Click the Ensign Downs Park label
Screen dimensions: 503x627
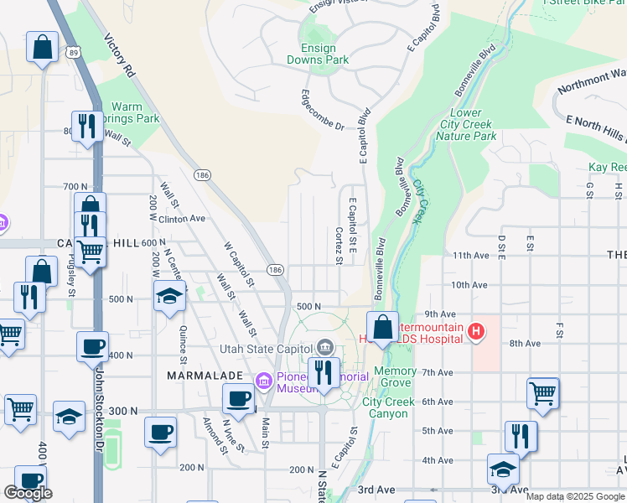(318, 53)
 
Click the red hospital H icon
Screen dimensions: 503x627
(476, 332)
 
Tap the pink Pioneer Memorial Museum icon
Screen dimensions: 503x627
(264, 382)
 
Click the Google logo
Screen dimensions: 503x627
(28, 493)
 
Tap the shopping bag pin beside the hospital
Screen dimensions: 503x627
(382, 327)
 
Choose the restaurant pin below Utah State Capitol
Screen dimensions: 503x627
(323, 372)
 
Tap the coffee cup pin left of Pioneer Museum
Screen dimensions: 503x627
(239, 399)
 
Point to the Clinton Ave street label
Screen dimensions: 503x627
(183, 218)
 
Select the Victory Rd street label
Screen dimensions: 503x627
(119, 55)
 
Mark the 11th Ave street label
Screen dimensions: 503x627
(469, 255)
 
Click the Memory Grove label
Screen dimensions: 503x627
(395, 376)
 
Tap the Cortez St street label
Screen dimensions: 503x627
(339, 246)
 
